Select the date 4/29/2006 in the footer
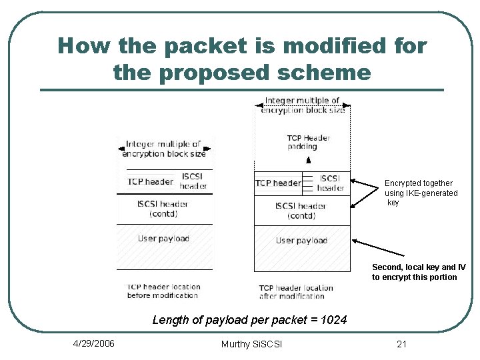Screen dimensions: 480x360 pyautogui.click(x=93, y=343)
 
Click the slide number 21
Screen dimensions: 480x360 pyautogui.click(x=401, y=344)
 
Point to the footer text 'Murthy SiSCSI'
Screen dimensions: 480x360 pyautogui.click(x=251, y=344)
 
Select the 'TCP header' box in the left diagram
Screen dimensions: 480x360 pyautogui.click(x=150, y=181)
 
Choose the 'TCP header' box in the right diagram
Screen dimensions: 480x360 pyautogui.click(x=278, y=183)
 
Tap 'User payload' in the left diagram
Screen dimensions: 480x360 pyautogui.click(x=163, y=239)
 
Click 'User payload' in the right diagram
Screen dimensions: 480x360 pyautogui.click(x=301, y=240)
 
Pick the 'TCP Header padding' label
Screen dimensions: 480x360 pyautogui.click(x=309, y=142)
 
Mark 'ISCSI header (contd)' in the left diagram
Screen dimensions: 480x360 pyautogui.click(x=163, y=209)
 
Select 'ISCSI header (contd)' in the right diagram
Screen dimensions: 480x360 pyautogui.click(x=301, y=211)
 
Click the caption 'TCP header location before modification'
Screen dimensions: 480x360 pyautogui.click(x=163, y=291)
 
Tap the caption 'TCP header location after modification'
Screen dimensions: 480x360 pyautogui.click(x=296, y=292)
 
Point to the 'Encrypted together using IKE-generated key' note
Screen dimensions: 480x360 pyautogui.click(x=421, y=193)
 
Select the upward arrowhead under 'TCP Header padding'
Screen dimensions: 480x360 pyautogui.click(x=308, y=160)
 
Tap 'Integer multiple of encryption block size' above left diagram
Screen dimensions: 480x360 pyautogui.click(x=164, y=149)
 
